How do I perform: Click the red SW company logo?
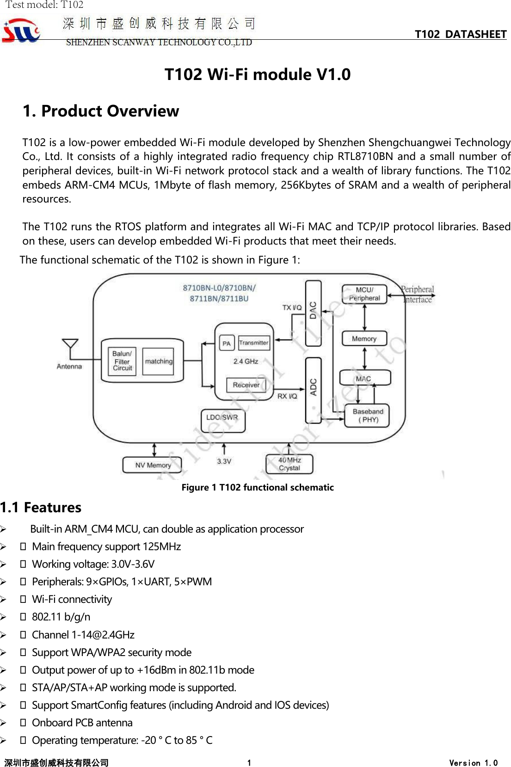(21, 31)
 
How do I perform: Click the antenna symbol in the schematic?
(70, 347)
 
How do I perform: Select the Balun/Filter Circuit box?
(122, 361)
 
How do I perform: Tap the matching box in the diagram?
(158, 361)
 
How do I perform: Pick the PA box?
(226, 343)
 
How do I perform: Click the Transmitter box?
(254, 343)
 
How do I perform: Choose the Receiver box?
(246, 385)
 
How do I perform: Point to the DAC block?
(313, 313)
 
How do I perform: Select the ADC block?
(313, 390)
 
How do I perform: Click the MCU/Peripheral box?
(364, 294)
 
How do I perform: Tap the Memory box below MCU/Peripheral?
(364, 338)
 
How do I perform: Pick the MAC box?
(364, 378)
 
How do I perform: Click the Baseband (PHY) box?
(368, 415)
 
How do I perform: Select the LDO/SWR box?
(222, 420)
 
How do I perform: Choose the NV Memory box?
(153, 465)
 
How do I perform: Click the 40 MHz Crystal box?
(289, 464)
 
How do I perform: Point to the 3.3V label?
(224, 461)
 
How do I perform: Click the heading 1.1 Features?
(41, 508)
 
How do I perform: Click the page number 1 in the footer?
(249, 763)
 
